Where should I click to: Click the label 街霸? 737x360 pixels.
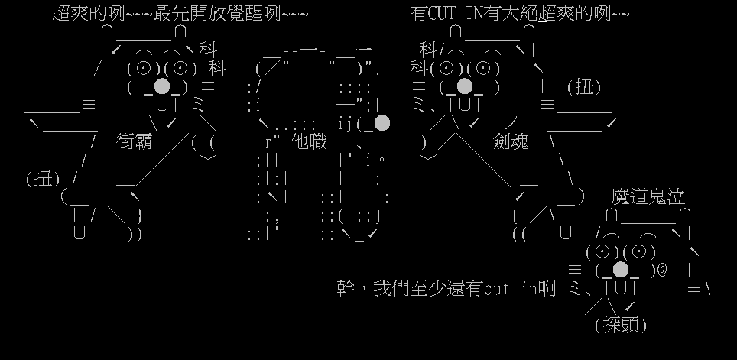135,141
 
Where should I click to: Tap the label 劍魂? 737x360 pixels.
511,141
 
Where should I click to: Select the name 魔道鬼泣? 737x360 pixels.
647,196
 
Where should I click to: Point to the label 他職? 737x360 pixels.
310,141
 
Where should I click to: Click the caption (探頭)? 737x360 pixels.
620,325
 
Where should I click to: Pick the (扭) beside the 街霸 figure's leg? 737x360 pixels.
43,178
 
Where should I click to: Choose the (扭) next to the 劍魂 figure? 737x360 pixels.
583,87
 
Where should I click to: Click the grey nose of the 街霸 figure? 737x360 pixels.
162,86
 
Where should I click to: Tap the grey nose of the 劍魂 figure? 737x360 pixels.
464,86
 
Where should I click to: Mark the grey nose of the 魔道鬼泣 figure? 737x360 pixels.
621,269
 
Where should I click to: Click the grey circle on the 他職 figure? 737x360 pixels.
381,122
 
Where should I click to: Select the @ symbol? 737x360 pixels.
661,270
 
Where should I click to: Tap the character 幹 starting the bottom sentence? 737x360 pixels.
345,288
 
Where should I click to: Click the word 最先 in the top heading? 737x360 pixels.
170,13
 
